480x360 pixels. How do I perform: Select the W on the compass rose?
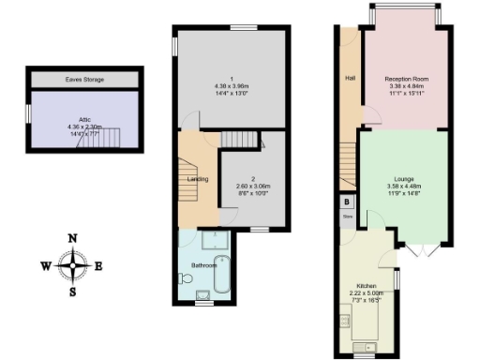pos(45,265)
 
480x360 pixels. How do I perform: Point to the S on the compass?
pos(72,292)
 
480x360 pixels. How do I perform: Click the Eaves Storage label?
pos(85,80)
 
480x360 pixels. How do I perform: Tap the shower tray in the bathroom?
pos(198,241)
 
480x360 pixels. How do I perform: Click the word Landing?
pos(198,179)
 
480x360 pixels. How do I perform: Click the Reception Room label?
pos(405,79)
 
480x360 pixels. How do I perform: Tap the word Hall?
pos(350,78)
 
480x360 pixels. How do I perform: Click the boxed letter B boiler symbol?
pos(347,202)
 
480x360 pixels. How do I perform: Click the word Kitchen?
pos(367,285)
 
